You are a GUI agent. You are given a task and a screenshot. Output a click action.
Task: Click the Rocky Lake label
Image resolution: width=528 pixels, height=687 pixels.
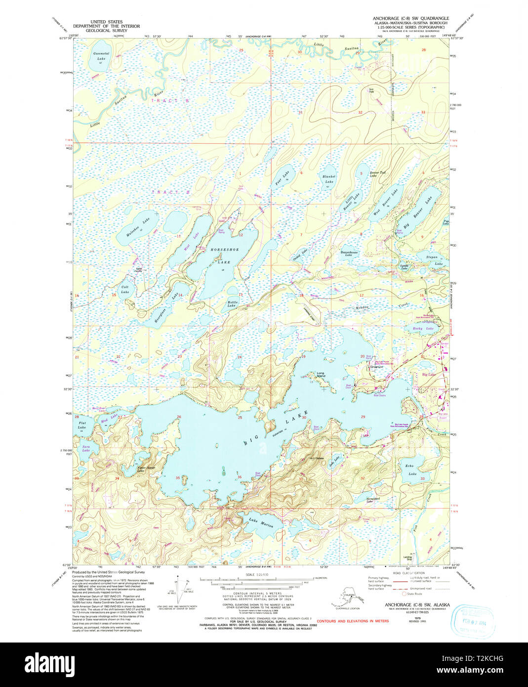click(426, 329)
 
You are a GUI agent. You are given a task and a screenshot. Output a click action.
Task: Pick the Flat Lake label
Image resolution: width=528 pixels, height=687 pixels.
click(82, 425)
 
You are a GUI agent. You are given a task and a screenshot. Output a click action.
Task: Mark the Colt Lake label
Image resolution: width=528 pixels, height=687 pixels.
click(125, 289)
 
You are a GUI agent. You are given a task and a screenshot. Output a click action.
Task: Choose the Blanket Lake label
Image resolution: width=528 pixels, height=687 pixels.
click(329, 179)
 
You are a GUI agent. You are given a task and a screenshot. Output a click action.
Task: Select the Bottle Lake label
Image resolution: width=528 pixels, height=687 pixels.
click(232, 304)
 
